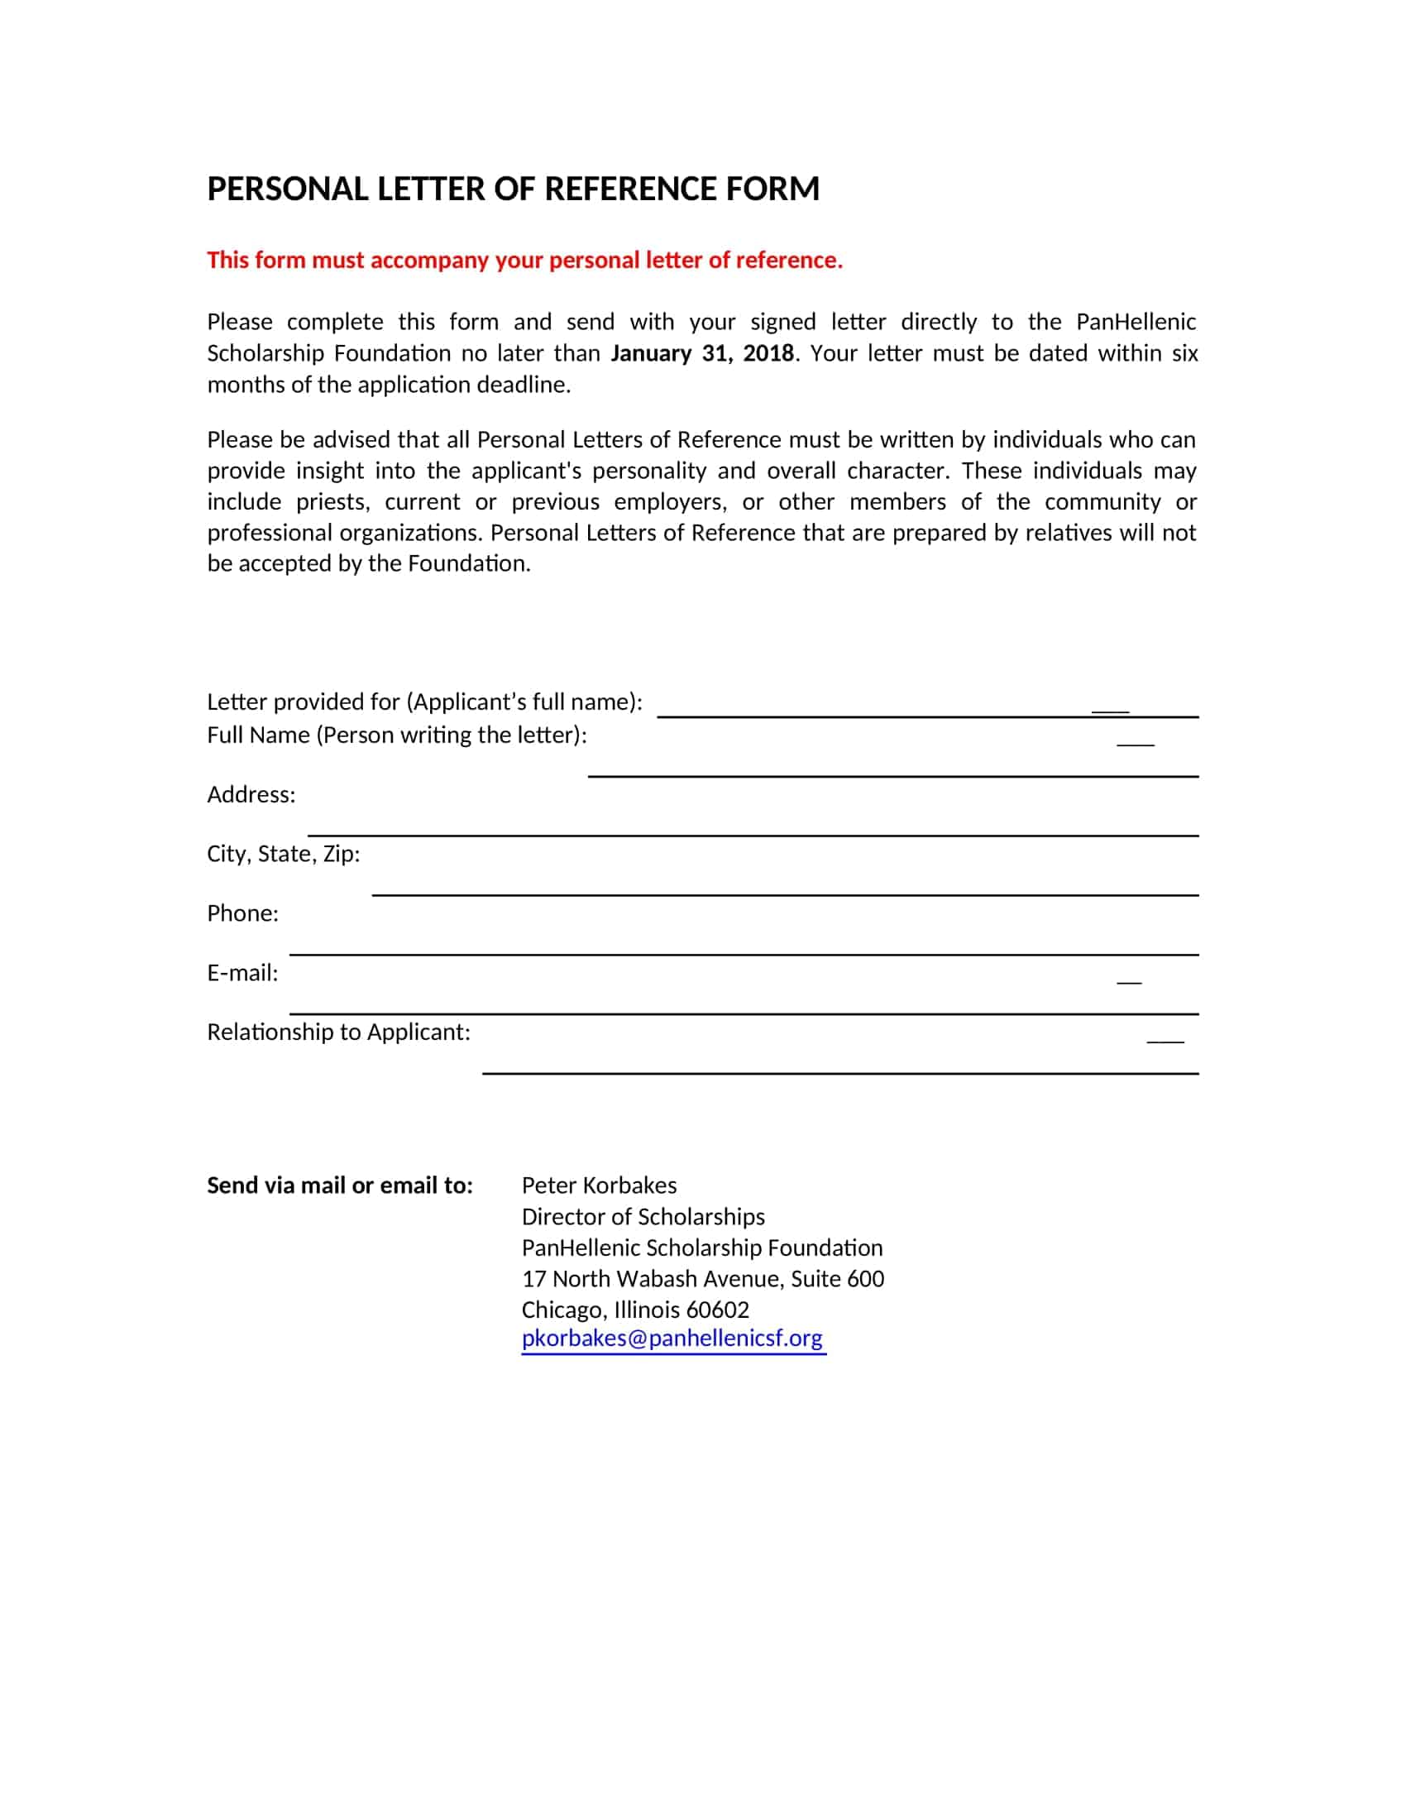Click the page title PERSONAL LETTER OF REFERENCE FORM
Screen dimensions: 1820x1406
pos(512,189)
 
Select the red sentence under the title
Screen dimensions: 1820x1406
pos(524,260)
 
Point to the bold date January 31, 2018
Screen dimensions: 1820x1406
pos(701,353)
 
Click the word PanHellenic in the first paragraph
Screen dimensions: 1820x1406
pos(1136,322)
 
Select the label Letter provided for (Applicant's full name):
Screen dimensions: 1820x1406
pos(424,702)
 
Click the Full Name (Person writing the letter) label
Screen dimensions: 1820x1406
pos(396,735)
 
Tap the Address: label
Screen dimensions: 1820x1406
pos(251,794)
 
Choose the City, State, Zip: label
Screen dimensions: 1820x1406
pos(283,855)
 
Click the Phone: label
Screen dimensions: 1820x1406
pos(242,913)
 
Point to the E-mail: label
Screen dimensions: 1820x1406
pos(242,973)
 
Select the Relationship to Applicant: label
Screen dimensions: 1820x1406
pos(338,1032)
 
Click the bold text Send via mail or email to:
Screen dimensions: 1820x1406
pos(339,1185)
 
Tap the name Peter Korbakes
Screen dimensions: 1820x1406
pos(599,1185)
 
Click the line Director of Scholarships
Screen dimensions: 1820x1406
pos(643,1217)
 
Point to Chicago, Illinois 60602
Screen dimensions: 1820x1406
pos(635,1310)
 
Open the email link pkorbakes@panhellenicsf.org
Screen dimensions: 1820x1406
pos(672,1338)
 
